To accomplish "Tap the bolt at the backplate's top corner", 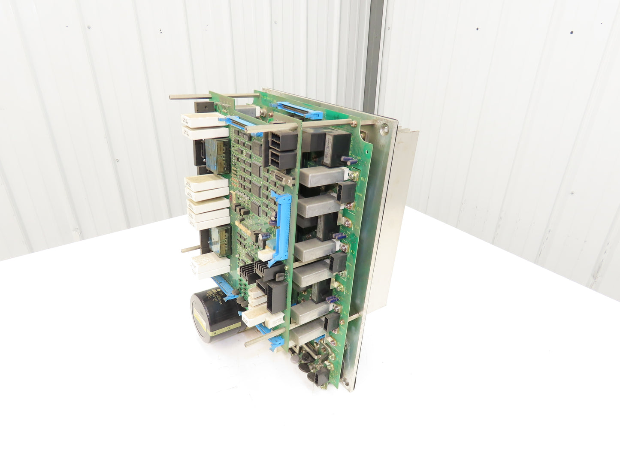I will point(384,127).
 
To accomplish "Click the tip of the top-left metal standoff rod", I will point(171,98).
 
